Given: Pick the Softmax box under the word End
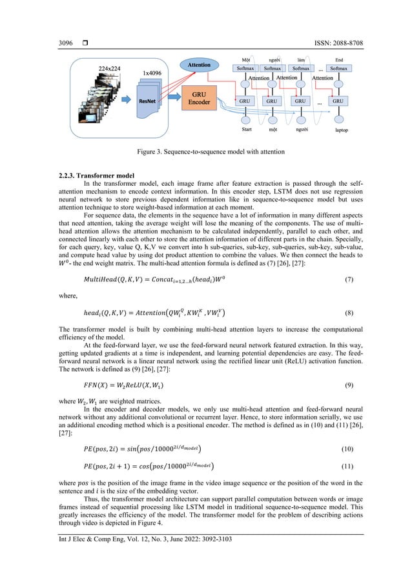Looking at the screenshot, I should coord(338,68).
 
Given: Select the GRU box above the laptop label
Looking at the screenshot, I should coord(338,101).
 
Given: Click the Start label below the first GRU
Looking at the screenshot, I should coord(247,130).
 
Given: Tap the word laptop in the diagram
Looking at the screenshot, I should coord(340,130).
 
